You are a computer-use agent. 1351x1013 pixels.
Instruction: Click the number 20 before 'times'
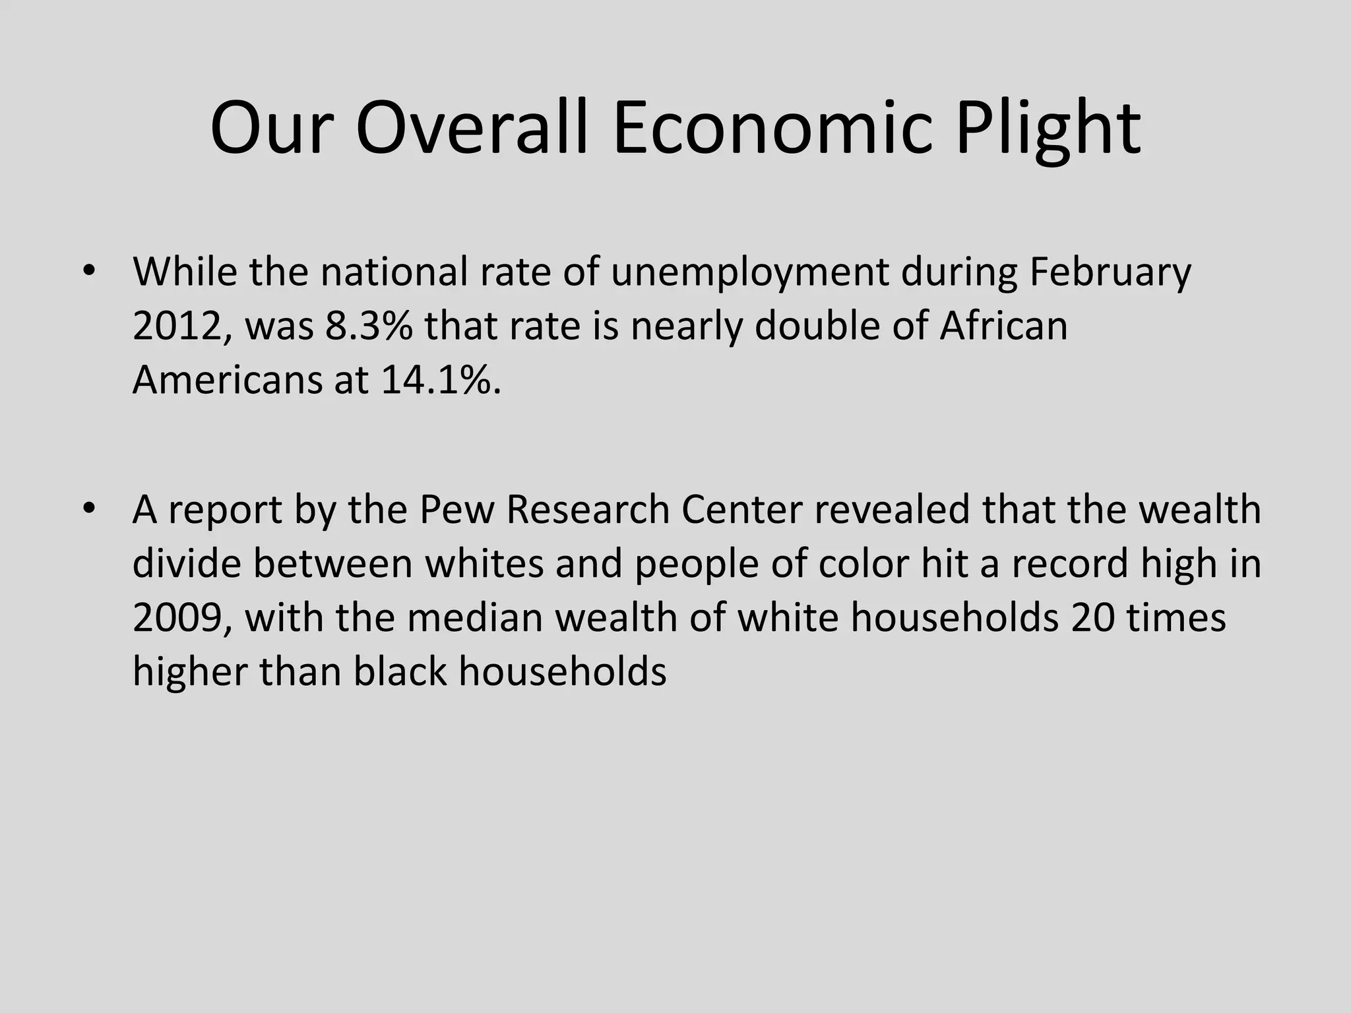click(1092, 618)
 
